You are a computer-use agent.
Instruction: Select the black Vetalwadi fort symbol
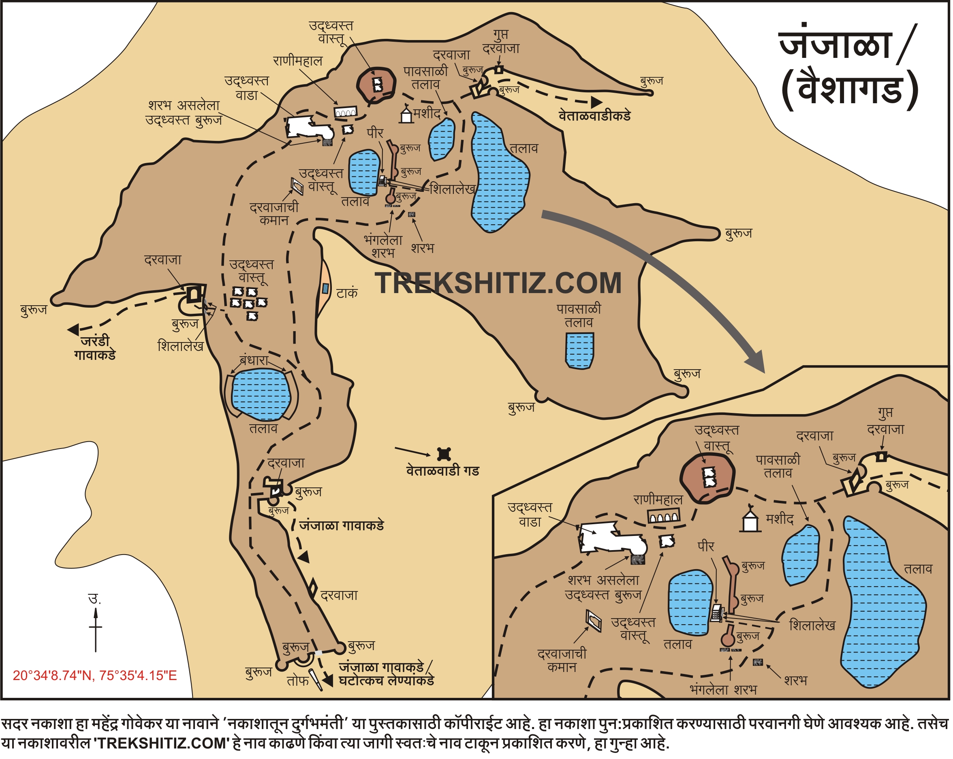(444, 454)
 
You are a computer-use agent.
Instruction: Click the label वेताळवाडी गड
(443, 472)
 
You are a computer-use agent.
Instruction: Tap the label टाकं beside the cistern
(347, 293)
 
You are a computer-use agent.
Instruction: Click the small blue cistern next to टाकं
(326, 289)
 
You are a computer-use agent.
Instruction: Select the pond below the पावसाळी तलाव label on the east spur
(579, 350)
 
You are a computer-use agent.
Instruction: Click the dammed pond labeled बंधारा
(261, 394)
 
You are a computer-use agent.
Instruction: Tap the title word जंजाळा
(835, 45)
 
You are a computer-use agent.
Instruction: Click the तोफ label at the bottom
(297, 681)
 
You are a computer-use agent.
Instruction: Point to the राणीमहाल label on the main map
(298, 61)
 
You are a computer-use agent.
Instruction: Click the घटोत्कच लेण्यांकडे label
(386, 681)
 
